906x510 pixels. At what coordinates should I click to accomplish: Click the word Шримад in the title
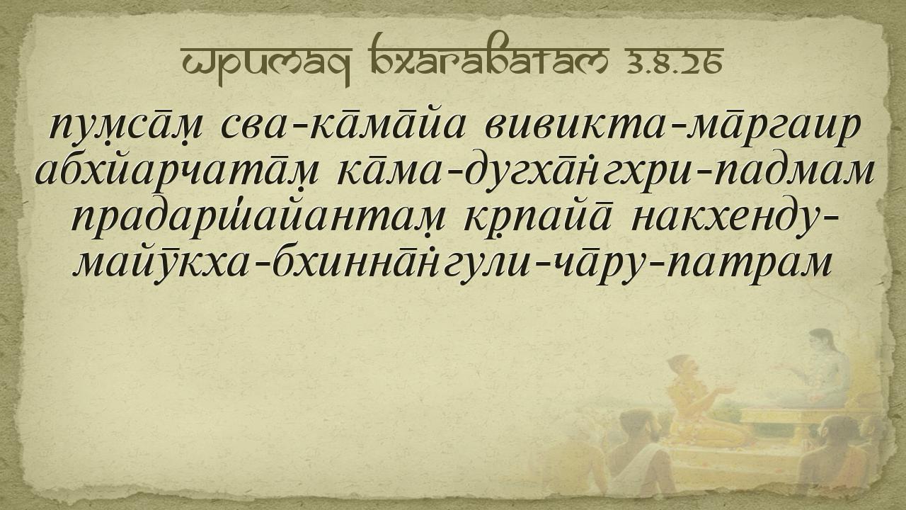point(266,64)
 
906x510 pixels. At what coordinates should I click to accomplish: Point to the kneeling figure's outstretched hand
point(724,390)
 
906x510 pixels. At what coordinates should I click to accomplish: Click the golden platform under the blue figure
point(805,421)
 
